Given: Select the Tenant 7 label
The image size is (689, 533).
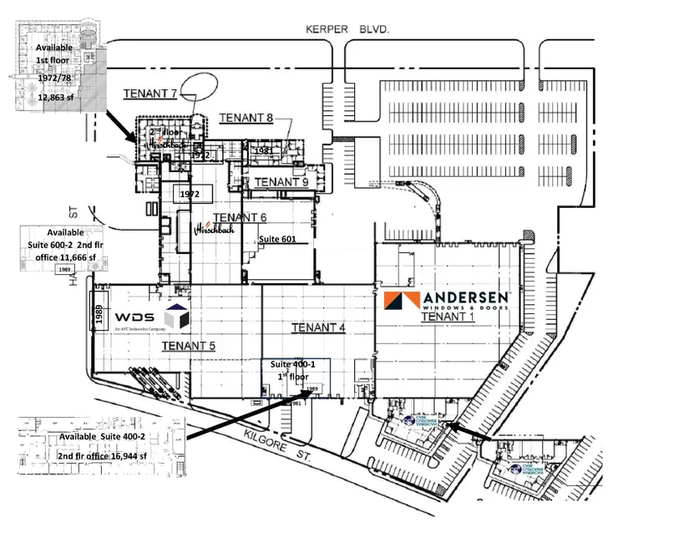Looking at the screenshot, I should pyautogui.click(x=149, y=93).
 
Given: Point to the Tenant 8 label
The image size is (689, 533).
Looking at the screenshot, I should pyautogui.click(x=246, y=118).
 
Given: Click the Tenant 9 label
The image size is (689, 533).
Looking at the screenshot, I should pyautogui.click(x=281, y=181).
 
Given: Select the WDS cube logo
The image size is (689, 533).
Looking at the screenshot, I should pyautogui.click(x=177, y=317).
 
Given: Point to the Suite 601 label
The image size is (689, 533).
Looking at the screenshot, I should pyautogui.click(x=277, y=240).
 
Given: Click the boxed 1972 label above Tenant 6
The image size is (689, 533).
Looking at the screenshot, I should pyautogui.click(x=193, y=193).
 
